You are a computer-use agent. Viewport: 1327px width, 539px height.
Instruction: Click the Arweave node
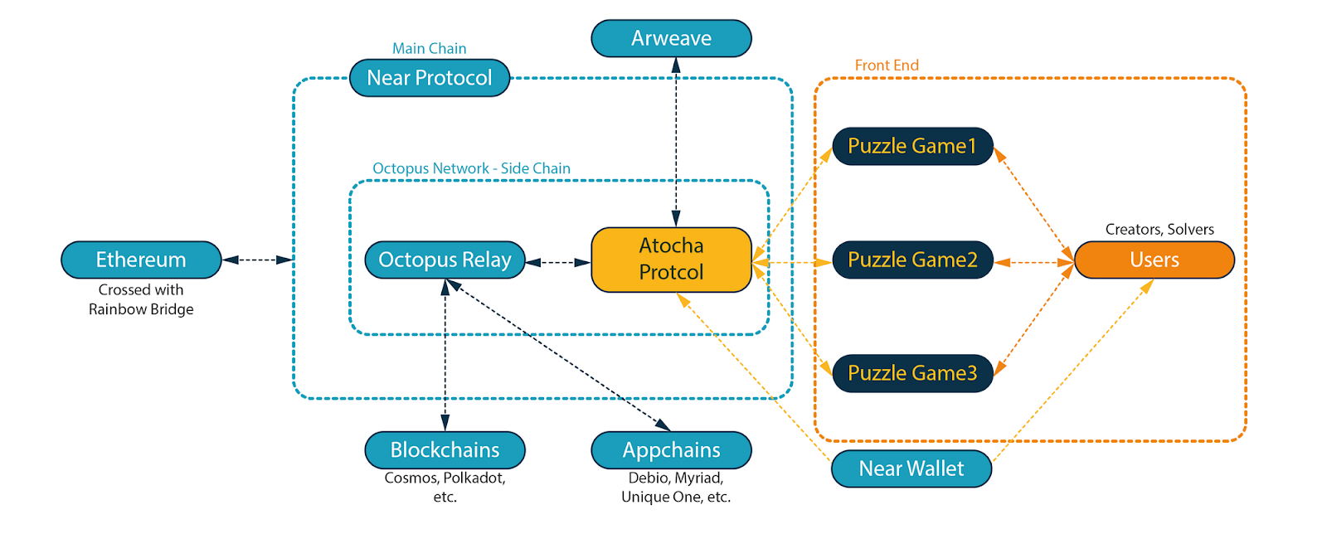tap(671, 38)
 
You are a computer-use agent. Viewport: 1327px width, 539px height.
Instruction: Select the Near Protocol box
tap(430, 78)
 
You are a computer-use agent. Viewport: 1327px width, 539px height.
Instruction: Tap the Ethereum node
tap(141, 260)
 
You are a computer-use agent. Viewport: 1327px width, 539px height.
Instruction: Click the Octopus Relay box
tap(445, 260)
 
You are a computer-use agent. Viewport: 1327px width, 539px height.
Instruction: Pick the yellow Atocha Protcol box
tap(671, 260)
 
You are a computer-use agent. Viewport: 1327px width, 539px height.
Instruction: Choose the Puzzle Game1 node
tap(912, 146)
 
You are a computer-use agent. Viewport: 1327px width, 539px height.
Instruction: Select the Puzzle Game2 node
tap(912, 260)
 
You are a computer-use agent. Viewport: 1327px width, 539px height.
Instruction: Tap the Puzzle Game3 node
tap(912, 373)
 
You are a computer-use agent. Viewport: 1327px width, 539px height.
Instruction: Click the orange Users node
tap(1154, 260)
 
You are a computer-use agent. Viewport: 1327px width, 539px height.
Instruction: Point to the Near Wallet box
tap(911, 469)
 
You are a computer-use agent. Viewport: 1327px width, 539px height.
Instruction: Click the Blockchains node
tap(445, 449)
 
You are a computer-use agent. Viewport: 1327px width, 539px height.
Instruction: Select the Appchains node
tap(671, 449)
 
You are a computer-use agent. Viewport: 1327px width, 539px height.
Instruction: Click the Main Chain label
tap(430, 48)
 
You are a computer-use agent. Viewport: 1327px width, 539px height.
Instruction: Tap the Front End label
tap(887, 65)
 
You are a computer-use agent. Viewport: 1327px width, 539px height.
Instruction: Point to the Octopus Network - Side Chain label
tap(471, 168)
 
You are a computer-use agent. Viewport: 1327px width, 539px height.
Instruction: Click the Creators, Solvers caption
tap(1159, 229)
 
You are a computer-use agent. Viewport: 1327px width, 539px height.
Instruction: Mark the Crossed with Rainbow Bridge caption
tap(141, 299)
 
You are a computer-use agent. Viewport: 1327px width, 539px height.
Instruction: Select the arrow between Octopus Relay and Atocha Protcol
tap(558, 263)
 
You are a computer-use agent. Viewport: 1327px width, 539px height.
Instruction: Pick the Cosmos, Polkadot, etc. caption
tap(445, 487)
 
